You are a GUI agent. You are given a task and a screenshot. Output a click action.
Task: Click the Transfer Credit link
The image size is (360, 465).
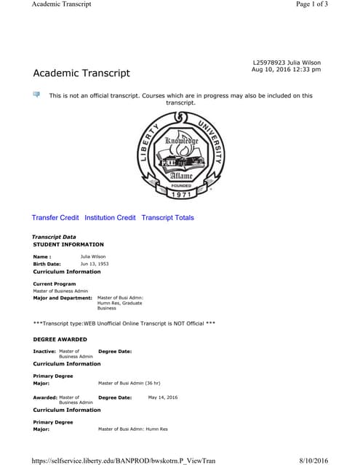55,217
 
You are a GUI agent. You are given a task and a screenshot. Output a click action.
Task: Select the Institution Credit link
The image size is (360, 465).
110,217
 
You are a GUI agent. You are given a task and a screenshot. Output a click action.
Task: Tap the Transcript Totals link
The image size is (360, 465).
167,217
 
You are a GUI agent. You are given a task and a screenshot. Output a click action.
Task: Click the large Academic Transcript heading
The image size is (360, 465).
81,73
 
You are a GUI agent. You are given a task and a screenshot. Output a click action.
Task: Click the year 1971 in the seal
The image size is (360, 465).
182,195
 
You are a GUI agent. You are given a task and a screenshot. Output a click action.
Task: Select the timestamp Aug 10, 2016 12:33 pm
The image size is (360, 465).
286,70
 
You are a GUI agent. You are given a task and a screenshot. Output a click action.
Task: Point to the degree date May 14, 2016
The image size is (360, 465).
162,397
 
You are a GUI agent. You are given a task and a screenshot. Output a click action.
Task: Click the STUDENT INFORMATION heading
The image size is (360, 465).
68,245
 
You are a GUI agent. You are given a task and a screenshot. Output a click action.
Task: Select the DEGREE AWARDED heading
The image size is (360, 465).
61,339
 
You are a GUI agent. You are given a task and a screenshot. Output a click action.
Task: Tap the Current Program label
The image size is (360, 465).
55,283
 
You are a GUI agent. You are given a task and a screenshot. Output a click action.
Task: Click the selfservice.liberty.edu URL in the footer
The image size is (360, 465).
124,460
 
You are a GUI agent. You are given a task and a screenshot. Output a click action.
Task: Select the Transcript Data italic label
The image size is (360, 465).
54,238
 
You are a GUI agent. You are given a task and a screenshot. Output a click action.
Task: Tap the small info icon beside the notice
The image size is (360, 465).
36,94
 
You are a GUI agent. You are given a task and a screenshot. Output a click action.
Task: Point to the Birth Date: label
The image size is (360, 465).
47,264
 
